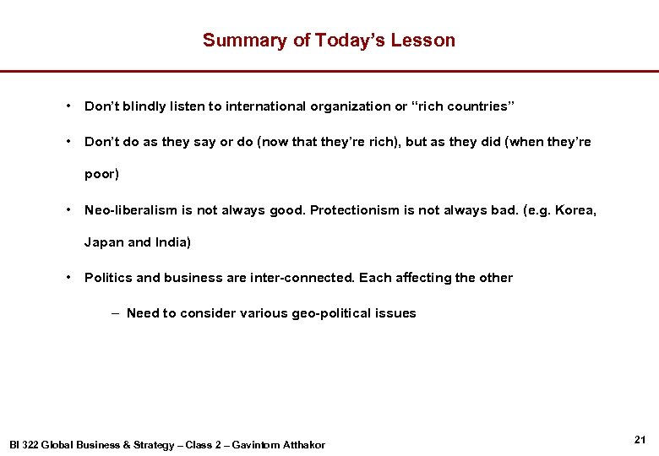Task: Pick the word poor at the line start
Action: point(101,174)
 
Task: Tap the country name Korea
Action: point(575,209)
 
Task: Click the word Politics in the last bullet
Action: point(108,278)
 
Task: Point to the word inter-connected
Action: point(302,278)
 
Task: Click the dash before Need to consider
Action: point(114,313)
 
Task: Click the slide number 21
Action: point(639,439)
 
